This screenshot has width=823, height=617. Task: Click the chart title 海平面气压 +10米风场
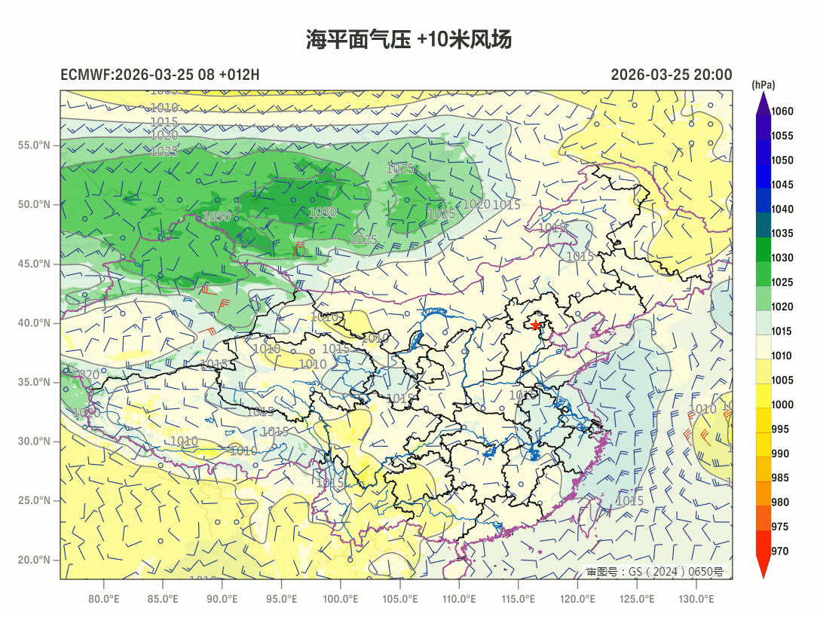click(409, 40)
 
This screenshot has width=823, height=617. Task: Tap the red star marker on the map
click(536, 325)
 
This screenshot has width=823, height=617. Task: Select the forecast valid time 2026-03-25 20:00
click(671, 75)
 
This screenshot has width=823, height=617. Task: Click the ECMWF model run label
click(160, 75)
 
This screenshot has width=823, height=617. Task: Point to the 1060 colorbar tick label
click(782, 111)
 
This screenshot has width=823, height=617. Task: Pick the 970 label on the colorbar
click(780, 551)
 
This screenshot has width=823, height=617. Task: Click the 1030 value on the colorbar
click(782, 258)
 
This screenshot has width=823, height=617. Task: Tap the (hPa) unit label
click(763, 84)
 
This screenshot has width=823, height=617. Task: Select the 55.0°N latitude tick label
click(34, 145)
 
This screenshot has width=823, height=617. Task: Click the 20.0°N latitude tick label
click(34, 560)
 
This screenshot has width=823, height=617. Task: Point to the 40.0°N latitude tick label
click(34, 323)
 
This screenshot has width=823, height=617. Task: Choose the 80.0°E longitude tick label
click(103, 599)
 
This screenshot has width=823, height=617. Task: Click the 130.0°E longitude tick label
click(696, 599)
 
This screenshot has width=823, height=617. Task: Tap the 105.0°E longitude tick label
click(399, 599)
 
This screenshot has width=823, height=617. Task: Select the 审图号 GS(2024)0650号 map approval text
click(654, 572)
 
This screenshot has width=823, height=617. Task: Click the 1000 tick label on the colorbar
click(782, 405)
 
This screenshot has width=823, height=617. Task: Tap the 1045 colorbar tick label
click(782, 185)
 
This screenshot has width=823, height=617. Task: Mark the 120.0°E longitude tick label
click(578, 599)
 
